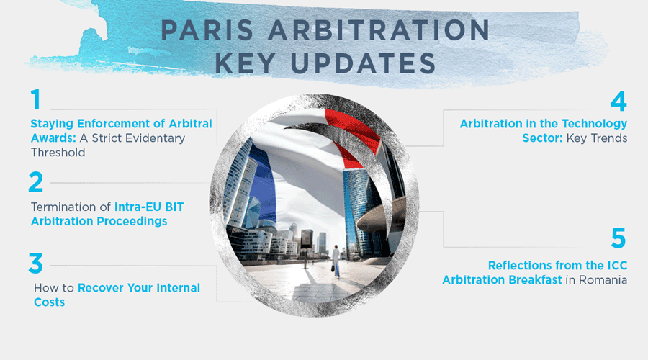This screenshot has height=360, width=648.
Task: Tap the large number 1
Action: point(35,100)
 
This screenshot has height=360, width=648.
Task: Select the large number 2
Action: point(36,181)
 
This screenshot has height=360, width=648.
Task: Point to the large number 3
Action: point(36,263)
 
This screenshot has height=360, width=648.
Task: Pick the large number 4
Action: point(618,100)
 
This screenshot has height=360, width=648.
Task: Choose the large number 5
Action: point(618,238)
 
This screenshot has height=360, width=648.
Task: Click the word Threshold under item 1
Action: point(58,152)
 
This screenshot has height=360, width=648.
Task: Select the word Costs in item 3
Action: point(49,302)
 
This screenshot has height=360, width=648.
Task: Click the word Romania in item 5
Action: point(601,279)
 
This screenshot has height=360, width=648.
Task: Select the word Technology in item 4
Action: point(593,124)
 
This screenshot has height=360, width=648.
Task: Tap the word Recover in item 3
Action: point(102,288)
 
